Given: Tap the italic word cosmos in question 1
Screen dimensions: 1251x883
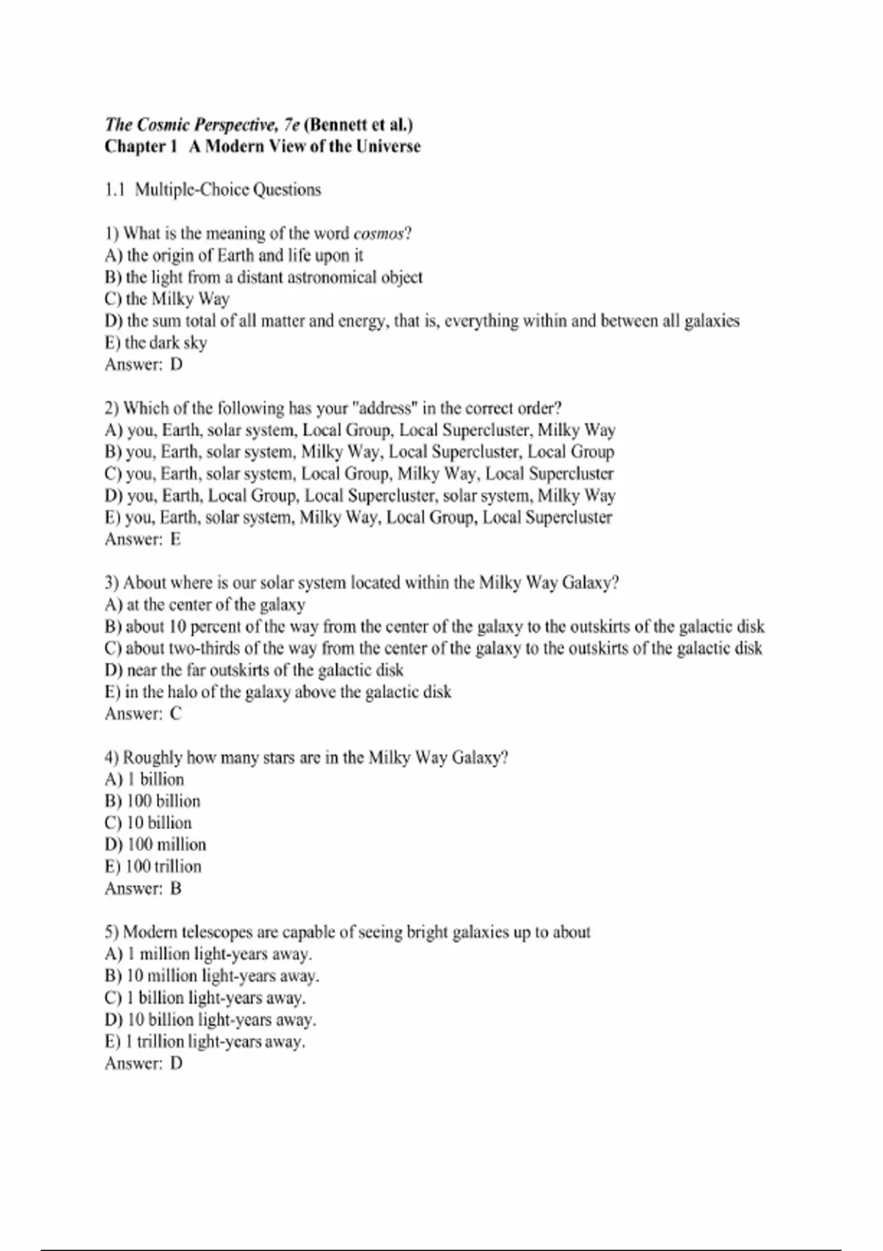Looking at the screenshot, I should pyautogui.click(x=378, y=234).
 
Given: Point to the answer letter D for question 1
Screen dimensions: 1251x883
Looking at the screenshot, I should pyautogui.click(x=177, y=365).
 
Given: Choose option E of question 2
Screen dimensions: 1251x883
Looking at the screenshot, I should pyautogui.click(x=358, y=517).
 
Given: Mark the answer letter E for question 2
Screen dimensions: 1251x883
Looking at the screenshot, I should pyautogui.click(x=176, y=539).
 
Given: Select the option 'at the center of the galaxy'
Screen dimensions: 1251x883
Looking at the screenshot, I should pyautogui.click(x=205, y=605).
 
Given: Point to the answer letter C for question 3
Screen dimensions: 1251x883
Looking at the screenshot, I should pyautogui.click(x=176, y=714).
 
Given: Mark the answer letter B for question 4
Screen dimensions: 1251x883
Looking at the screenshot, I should pyautogui.click(x=176, y=889).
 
